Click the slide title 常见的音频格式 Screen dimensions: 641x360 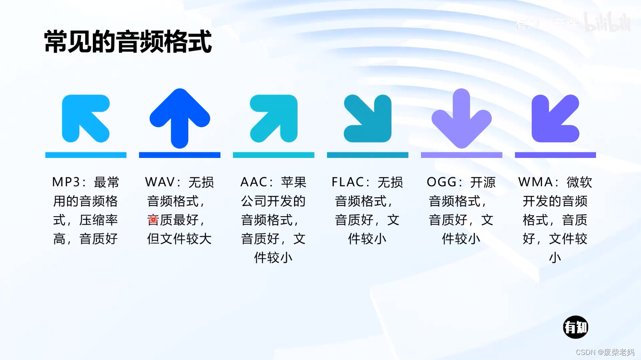coord(128,42)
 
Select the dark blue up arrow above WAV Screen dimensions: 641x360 coord(180,118)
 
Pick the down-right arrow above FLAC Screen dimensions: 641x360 coord(368,119)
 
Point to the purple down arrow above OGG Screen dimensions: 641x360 coord(461,119)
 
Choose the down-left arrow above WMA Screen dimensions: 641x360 coord(555,119)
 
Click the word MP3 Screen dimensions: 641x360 coord(66,182)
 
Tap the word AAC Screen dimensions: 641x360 coord(254,182)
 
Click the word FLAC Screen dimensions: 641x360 coord(347,182)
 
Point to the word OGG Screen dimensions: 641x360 coord(441,182)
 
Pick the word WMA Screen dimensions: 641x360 coord(535,182)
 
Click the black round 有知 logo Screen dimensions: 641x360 coord(575,327)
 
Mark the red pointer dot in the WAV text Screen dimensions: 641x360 coord(153,220)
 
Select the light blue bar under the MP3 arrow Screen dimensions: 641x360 coord(86,155)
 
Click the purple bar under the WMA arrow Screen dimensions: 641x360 coord(555,155)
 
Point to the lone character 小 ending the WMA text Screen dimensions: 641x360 coord(555,258)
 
